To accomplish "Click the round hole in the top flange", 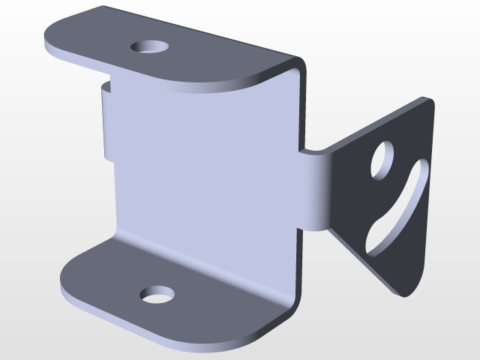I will pos(149,46).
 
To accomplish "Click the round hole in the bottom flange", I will pos(157,295).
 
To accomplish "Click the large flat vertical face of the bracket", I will pos(202,172).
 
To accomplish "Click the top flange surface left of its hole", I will pos(97,37).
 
